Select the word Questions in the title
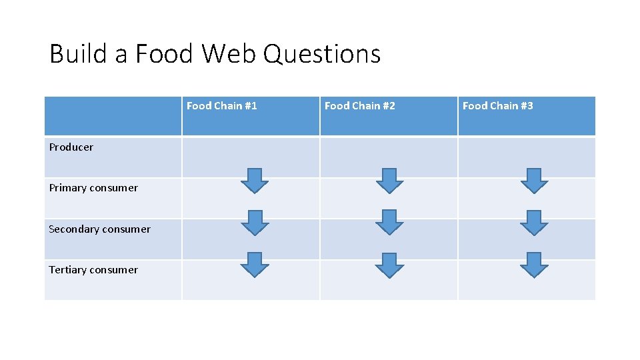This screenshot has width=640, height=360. [x=322, y=53]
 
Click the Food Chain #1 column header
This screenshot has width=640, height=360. [x=221, y=106]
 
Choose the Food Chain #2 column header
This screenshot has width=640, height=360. [x=359, y=106]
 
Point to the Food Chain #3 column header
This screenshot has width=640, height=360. [x=497, y=106]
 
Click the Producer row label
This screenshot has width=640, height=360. [x=71, y=147]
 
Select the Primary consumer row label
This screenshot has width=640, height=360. [x=93, y=188]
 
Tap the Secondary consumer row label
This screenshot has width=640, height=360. [x=99, y=229]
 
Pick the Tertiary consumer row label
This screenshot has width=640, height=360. [x=93, y=270]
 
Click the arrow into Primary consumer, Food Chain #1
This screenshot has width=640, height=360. [x=254, y=181]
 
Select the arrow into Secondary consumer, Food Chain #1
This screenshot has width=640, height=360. [x=254, y=223]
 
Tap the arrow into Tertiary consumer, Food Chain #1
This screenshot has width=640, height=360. [x=254, y=264]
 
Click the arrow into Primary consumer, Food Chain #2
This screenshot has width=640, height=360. [x=389, y=181]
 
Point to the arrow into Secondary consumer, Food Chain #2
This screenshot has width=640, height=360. [x=389, y=223]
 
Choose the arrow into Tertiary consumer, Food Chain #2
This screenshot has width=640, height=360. [x=389, y=265]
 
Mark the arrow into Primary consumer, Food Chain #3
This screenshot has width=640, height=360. [x=533, y=181]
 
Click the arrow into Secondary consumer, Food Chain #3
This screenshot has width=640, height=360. [x=533, y=223]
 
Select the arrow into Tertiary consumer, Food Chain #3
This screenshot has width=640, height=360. [x=533, y=264]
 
